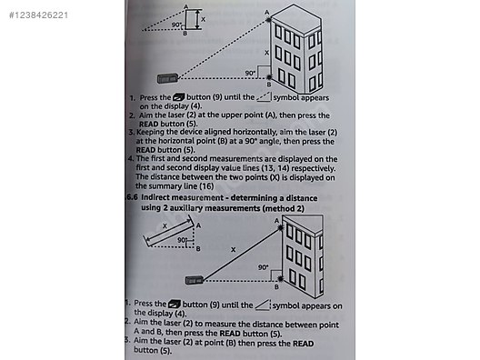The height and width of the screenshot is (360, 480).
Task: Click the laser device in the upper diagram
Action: tap(167, 80)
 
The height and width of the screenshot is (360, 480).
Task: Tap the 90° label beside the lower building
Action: tap(264, 268)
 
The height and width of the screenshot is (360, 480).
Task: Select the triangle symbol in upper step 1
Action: tap(265, 95)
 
